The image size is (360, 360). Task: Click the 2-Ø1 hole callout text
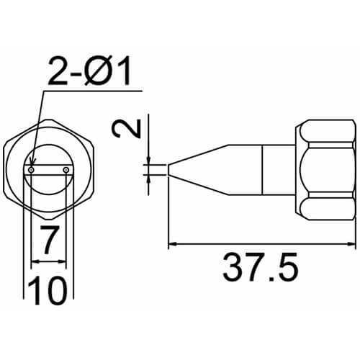click(89, 71)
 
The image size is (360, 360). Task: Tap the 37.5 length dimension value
click(261, 267)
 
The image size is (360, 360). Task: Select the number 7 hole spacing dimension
click(49, 240)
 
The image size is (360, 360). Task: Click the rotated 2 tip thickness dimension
click(126, 129)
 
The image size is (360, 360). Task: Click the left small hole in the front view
click(31, 170)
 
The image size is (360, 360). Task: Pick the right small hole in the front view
click(66, 170)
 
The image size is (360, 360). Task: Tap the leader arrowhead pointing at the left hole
click(32, 163)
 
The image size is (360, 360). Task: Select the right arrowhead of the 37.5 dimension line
click(351, 244)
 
